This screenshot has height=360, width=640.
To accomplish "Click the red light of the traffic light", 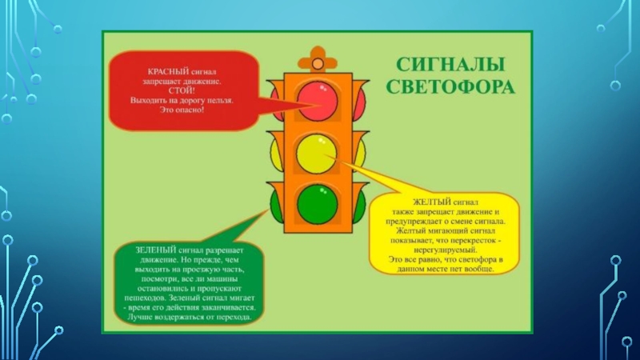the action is (318, 98).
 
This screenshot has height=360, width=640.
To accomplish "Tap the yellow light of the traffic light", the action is (318, 151).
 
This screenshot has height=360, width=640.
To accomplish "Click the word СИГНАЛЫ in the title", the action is (446, 65).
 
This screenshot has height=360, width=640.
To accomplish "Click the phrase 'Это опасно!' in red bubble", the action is (182, 109).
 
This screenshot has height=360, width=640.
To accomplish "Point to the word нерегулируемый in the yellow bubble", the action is (446, 249).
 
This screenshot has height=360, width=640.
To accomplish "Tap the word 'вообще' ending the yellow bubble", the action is (478, 269).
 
